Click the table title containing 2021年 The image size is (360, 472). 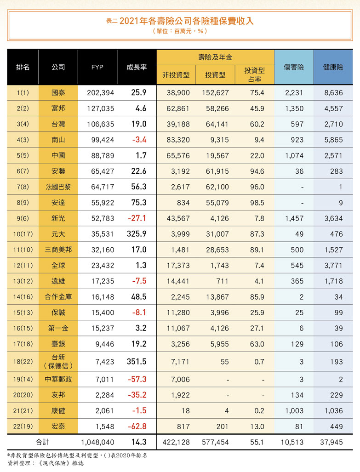click(180, 21)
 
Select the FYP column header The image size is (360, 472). click(97, 67)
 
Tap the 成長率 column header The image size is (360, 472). click(137, 67)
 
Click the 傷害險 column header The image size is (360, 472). click(294, 67)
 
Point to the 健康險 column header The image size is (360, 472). click(333, 67)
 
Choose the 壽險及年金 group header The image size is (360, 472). click(215, 57)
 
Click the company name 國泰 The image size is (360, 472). click(58, 92)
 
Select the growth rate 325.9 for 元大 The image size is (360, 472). click(137, 234)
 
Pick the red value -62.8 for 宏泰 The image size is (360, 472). click(137, 427)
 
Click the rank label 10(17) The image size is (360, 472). click(23, 234)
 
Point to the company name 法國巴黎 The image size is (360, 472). click(58, 187)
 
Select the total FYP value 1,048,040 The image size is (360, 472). click(97, 443)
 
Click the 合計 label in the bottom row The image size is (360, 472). click(42, 443)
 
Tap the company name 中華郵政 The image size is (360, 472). click(58, 379)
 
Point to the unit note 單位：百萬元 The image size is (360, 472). click(180, 31)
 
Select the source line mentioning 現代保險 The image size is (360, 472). click(46, 463)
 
